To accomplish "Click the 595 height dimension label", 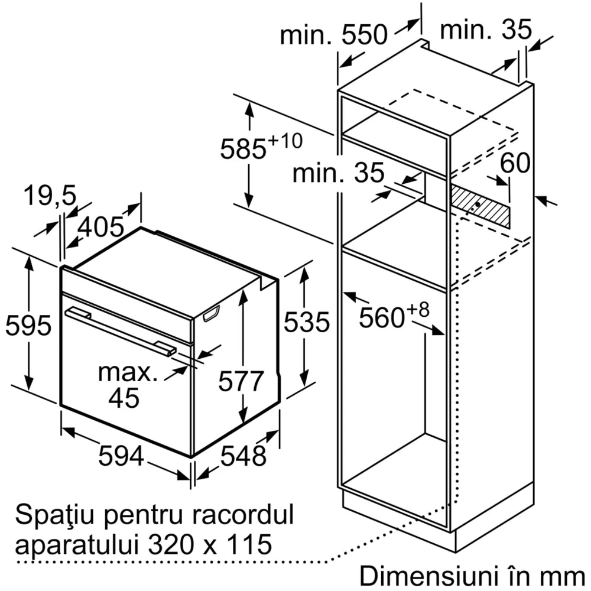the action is [28, 326].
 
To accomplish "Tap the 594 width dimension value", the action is [121, 456].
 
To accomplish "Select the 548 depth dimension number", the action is [243, 456].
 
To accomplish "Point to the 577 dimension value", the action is [241, 381].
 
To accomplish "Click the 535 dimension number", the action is [307, 322].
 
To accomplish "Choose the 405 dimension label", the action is [101, 228].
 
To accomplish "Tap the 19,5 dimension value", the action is [50, 195].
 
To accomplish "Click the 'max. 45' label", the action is [128, 385].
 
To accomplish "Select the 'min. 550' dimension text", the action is [334, 35].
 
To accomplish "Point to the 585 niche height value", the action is [243, 149].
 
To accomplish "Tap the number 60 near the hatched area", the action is [515, 163].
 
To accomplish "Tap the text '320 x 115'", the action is [210, 544].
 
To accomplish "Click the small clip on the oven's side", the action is [212, 314].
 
